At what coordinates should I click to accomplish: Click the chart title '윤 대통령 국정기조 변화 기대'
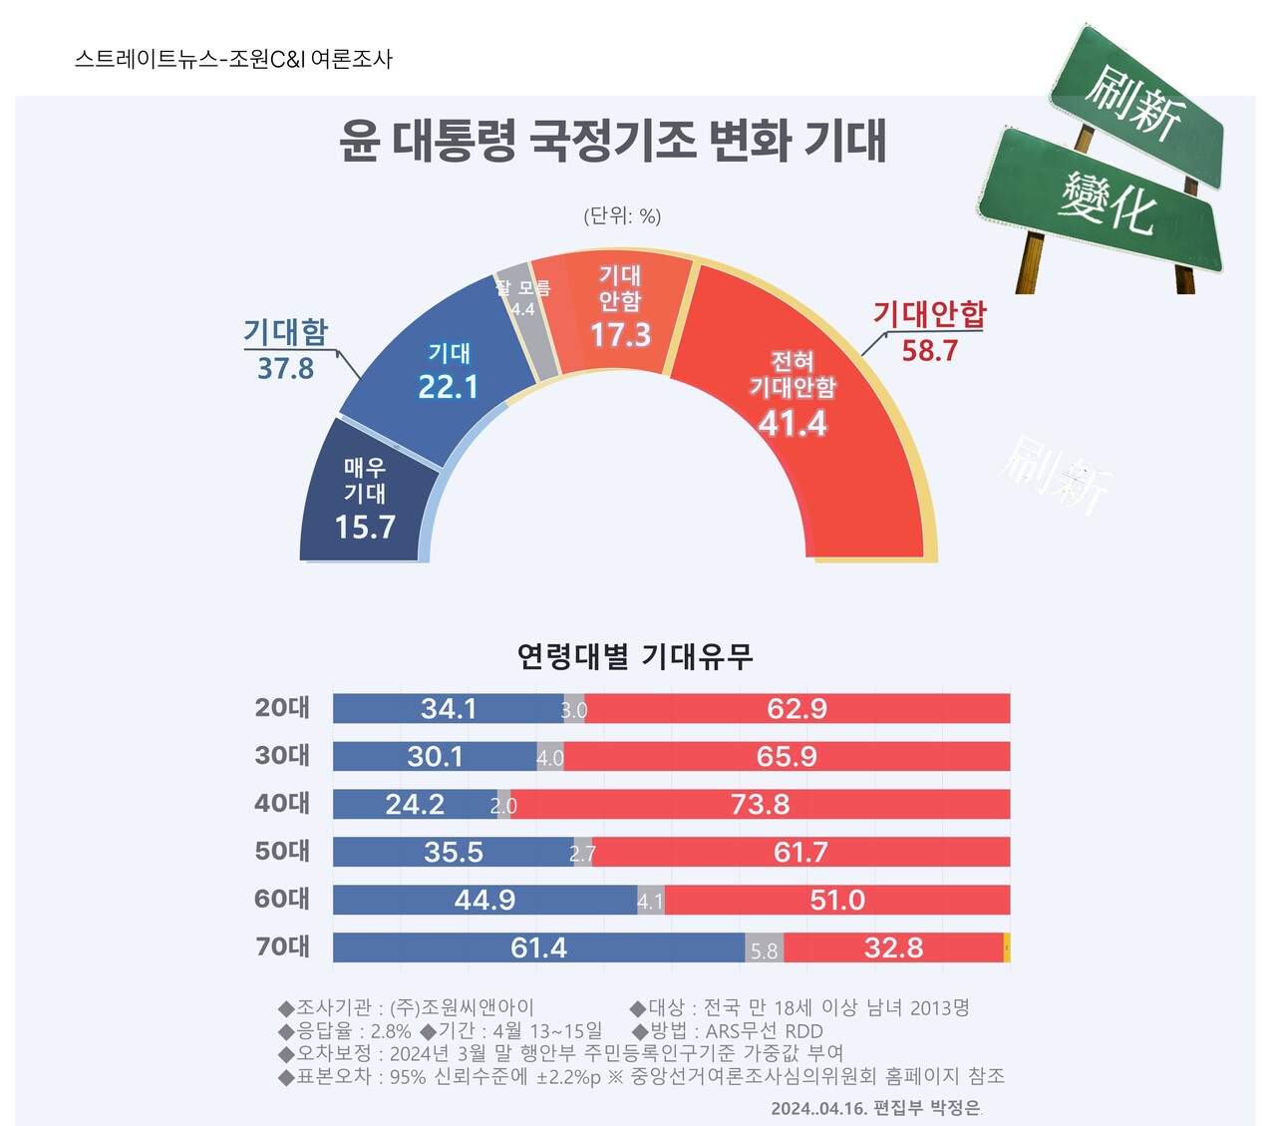click(x=612, y=141)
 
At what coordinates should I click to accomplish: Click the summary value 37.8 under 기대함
click(x=285, y=369)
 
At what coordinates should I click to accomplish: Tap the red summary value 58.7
click(x=929, y=351)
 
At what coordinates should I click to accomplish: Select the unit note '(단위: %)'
click(x=622, y=216)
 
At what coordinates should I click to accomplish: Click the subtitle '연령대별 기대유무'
click(x=635, y=656)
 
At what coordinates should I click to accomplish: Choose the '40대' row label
click(x=282, y=804)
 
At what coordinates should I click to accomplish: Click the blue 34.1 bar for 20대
click(x=448, y=709)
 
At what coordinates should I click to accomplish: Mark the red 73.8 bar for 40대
click(x=761, y=804)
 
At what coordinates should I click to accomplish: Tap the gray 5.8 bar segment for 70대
click(x=764, y=948)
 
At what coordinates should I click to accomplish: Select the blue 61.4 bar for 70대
click(x=538, y=947)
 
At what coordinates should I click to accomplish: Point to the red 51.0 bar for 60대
click(x=837, y=900)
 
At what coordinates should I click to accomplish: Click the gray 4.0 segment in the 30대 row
click(x=550, y=757)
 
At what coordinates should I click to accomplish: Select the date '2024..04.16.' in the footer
click(x=818, y=1108)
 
